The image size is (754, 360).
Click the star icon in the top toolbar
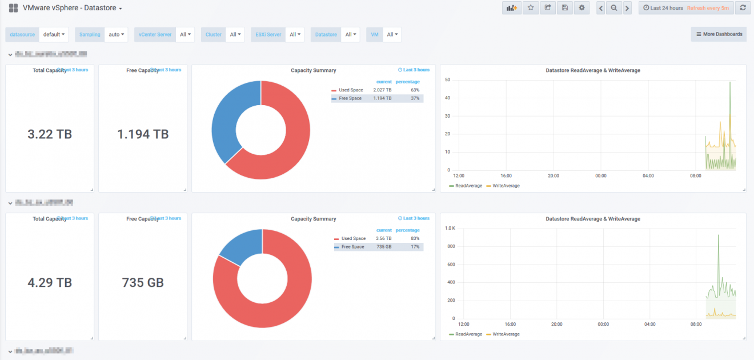pyautogui.click(x=531, y=8)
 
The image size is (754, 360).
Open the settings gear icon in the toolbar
pyautogui.click(x=581, y=8)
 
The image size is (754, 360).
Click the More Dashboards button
pyautogui.click(x=719, y=34)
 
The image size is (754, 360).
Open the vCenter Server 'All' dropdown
pyautogui.click(x=185, y=34)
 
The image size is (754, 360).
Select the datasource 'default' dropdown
pyautogui.click(x=54, y=34)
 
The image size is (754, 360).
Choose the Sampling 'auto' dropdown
pyautogui.click(x=117, y=34)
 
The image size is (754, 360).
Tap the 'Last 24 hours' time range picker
pyautogui.click(x=663, y=8)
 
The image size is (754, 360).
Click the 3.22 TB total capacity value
pyautogui.click(x=50, y=134)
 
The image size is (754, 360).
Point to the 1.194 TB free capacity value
pyautogui.click(x=143, y=134)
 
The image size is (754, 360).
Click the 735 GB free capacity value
pyautogui.click(x=143, y=282)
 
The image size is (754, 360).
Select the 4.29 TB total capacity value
pyautogui.click(x=50, y=282)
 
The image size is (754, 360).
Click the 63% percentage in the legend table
pyautogui.click(x=415, y=90)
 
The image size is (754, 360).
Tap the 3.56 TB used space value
pyautogui.click(x=383, y=238)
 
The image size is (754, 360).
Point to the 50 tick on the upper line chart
pyautogui.click(x=448, y=80)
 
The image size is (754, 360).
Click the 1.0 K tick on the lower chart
pyautogui.click(x=450, y=228)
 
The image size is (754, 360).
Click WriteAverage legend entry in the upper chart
pyautogui.click(x=506, y=186)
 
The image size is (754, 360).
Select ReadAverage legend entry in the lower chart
pyautogui.click(x=468, y=334)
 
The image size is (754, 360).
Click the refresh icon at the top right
pyautogui.click(x=742, y=8)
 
